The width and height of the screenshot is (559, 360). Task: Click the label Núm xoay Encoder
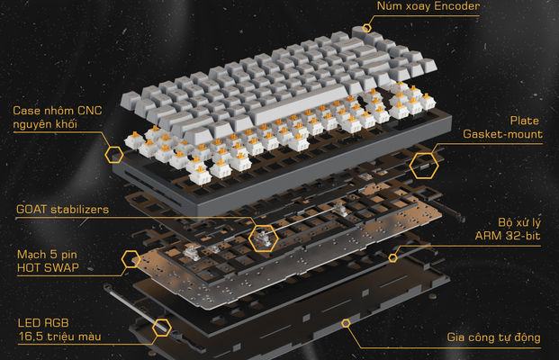point(428,6)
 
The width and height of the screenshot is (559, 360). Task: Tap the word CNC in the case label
point(89,111)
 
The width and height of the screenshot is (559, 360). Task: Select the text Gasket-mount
point(502,134)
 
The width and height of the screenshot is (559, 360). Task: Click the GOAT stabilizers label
point(62,209)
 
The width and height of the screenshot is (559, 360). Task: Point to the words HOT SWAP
point(48,267)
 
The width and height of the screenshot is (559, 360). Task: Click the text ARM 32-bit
point(508,236)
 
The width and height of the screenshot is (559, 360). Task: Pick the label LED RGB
point(43,323)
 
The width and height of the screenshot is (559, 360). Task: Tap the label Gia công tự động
point(494,337)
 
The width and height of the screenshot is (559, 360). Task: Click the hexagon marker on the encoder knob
point(366,28)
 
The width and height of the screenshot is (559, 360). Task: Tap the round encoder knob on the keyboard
point(361,32)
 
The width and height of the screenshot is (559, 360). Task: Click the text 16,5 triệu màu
point(60,337)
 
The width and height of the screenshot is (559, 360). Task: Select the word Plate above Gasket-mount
point(525,121)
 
